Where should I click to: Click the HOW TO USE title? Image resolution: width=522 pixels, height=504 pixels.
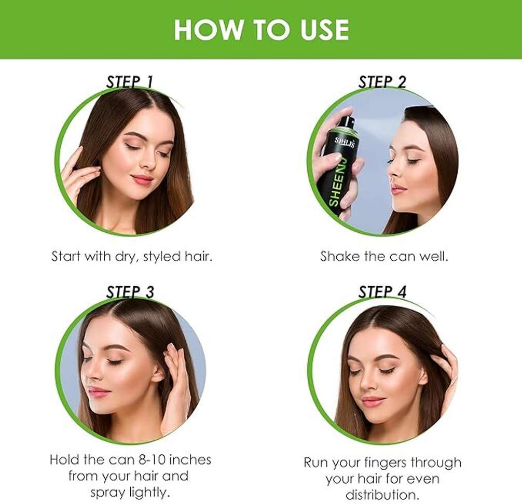pos(262,30)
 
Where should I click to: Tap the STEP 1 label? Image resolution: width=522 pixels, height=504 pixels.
pos(129,82)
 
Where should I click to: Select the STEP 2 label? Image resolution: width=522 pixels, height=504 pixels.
pos(382,82)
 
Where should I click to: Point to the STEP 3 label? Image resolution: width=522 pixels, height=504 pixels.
pos(130,292)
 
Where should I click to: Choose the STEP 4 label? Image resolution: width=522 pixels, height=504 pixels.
pos(382,292)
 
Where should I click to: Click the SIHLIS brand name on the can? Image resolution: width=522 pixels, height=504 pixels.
pos(345,142)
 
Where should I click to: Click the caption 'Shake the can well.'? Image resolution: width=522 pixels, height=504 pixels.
pos(384,256)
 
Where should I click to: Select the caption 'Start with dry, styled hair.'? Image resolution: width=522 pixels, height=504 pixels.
pos(131,257)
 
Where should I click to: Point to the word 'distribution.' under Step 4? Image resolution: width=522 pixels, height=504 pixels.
pos(382,495)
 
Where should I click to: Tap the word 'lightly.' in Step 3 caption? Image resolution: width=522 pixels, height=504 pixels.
pos(147,493)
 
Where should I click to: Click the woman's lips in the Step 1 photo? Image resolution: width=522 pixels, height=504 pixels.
pos(142,179)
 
